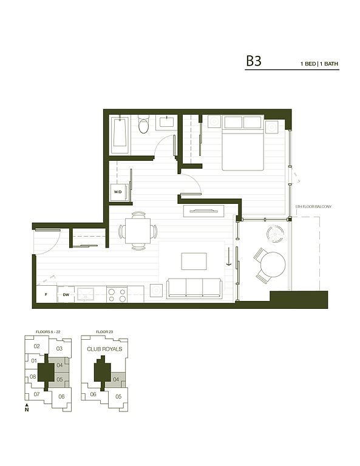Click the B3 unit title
254,61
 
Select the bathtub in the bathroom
120,135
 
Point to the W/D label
118,192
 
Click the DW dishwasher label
66,295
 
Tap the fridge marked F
46,294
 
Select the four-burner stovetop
117,294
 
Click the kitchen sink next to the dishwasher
86,295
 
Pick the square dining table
138,231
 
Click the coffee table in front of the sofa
194,262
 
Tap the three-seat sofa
194,288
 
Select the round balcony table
273,265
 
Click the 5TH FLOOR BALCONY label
313,206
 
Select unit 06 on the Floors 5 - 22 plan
61,396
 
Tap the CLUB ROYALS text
104,349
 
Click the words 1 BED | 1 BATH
319,64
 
